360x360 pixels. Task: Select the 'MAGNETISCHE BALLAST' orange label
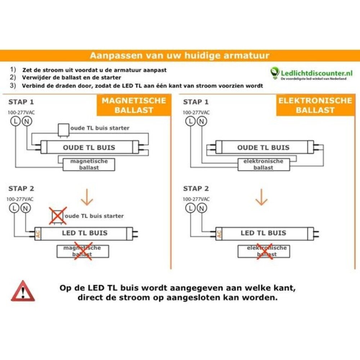point(134,105)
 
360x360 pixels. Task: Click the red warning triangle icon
point(23,291)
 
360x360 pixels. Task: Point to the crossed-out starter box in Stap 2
point(58,216)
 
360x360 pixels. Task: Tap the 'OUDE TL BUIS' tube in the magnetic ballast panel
point(89,148)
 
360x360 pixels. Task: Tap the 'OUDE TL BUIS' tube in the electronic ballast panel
point(263,148)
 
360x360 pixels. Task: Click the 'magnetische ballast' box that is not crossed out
point(89,165)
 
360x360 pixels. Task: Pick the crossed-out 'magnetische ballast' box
point(83,251)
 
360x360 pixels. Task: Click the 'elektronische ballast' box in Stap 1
point(263,165)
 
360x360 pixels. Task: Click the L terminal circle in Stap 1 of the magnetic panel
point(15,122)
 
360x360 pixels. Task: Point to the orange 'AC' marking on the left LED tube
point(38,233)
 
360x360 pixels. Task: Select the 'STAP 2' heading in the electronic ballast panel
point(196,189)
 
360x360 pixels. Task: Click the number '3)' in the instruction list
point(13,86)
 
